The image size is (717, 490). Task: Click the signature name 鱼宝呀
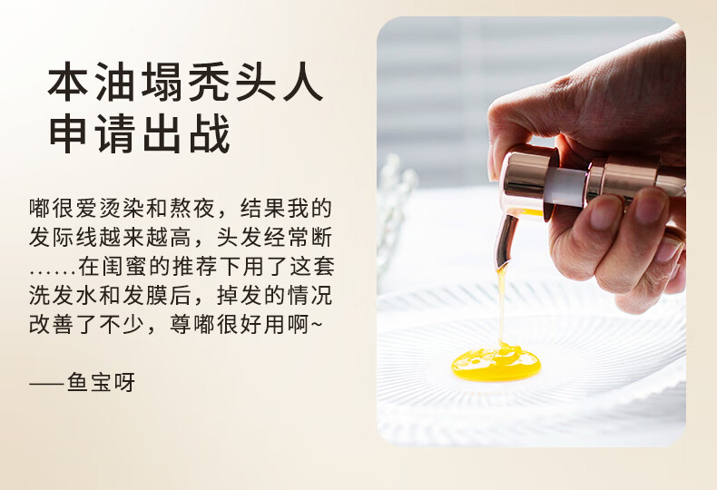click(101, 382)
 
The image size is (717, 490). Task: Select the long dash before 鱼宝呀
click(46, 383)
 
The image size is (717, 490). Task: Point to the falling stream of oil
click(502, 307)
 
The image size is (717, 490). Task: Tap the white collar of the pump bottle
click(568, 186)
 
